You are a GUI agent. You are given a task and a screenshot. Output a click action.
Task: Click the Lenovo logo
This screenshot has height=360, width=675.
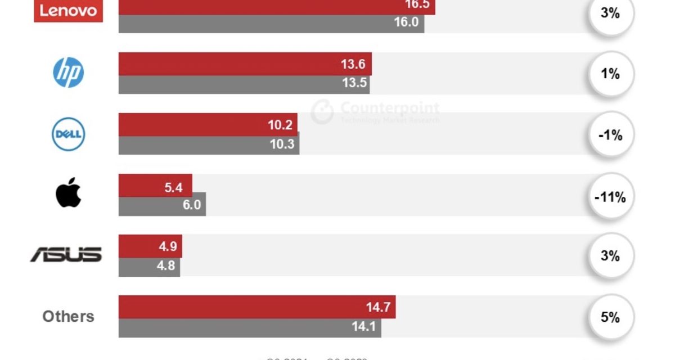tap(69, 11)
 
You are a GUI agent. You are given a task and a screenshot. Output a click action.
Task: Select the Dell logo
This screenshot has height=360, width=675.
tap(69, 134)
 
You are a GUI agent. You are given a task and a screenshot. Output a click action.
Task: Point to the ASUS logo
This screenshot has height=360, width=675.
tap(66, 255)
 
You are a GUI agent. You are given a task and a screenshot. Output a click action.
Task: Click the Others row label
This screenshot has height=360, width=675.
tap(68, 316)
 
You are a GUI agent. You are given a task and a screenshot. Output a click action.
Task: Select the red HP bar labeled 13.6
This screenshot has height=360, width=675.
tap(245, 64)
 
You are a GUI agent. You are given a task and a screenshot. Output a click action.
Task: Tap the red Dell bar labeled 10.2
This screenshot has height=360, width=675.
tap(208, 124)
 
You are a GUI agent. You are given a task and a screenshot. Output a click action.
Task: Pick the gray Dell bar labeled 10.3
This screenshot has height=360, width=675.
tap(209, 145)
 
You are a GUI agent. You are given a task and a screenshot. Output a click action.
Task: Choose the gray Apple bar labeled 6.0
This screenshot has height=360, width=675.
tap(162, 206)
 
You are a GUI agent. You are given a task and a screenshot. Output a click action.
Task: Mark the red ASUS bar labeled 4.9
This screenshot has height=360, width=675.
tap(150, 246)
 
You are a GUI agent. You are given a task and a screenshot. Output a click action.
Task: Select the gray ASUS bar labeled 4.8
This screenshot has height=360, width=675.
tap(149, 267)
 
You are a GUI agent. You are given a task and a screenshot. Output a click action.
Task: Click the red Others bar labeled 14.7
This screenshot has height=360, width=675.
tap(257, 307)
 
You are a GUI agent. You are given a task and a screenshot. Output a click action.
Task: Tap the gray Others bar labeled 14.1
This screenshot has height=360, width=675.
tap(250, 327)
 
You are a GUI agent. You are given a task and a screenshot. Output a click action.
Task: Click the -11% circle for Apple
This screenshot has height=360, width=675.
tap(610, 197)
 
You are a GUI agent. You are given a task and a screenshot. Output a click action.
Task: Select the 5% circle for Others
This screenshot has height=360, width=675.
tap(610, 317)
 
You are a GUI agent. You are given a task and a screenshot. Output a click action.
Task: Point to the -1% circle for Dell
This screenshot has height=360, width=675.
tap(610, 135)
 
